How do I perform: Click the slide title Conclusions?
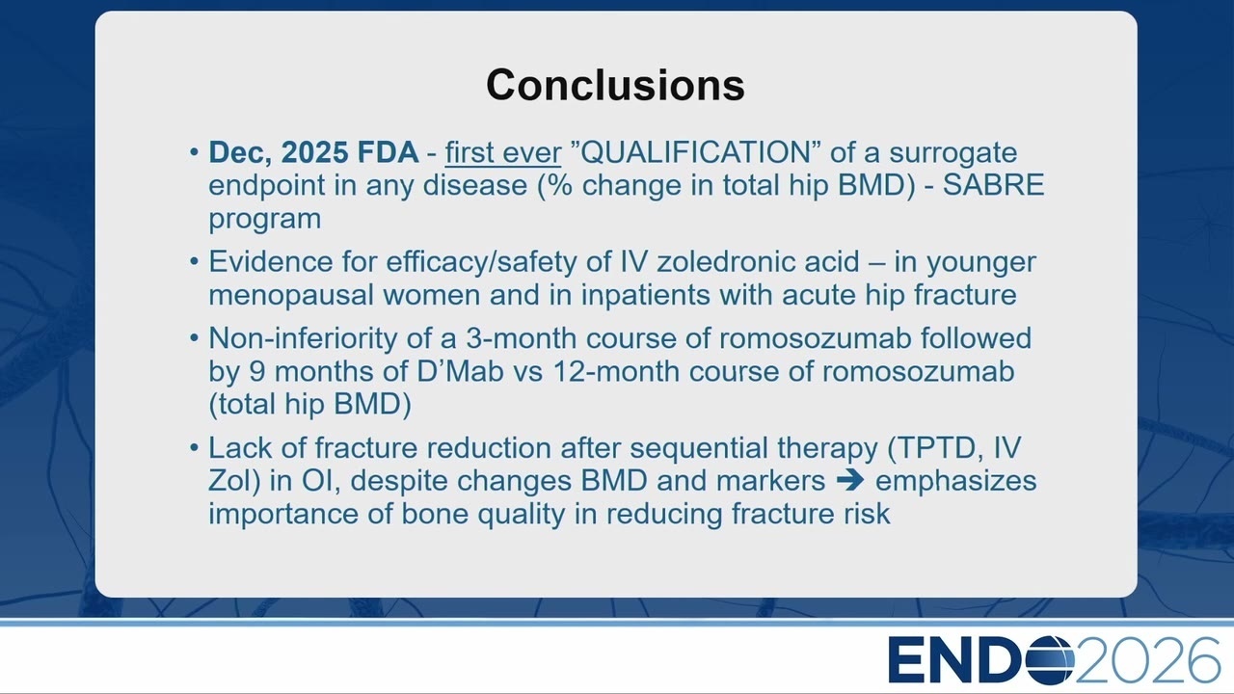click(x=615, y=85)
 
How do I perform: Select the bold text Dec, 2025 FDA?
click(x=313, y=152)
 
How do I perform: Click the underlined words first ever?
click(x=503, y=152)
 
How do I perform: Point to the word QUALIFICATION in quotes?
click(x=696, y=152)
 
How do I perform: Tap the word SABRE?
click(x=994, y=185)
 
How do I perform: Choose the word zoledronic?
click(x=758, y=261)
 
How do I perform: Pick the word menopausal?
click(x=291, y=296)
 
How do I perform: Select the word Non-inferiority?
click(x=303, y=338)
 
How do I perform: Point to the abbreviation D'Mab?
click(x=460, y=371)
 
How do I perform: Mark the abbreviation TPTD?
click(x=942, y=448)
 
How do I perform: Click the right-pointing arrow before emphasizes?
click(x=850, y=480)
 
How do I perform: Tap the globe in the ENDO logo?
click(x=1050, y=659)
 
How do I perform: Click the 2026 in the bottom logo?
click(x=1147, y=659)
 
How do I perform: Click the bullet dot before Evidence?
click(x=194, y=261)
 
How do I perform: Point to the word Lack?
click(x=240, y=448)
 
